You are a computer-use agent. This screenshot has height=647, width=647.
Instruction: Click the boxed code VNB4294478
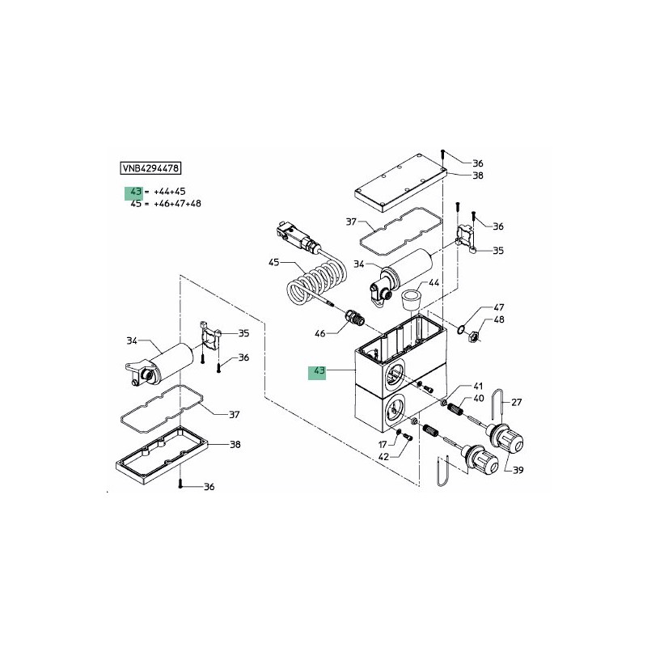(150, 168)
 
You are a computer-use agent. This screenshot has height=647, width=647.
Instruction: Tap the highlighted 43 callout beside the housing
(319, 370)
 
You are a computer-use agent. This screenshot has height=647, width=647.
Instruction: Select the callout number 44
(433, 282)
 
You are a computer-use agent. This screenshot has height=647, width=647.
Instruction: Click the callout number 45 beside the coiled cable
(273, 262)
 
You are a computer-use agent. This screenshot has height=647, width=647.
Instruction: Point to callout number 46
(319, 333)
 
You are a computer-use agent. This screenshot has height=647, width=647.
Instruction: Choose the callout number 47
(499, 307)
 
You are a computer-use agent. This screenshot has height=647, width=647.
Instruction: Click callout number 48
(499, 319)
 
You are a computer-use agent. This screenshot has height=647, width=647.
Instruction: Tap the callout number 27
(517, 402)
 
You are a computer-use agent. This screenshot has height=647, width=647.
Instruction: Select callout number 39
(518, 470)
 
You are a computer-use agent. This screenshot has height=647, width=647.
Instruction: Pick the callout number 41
(478, 387)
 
